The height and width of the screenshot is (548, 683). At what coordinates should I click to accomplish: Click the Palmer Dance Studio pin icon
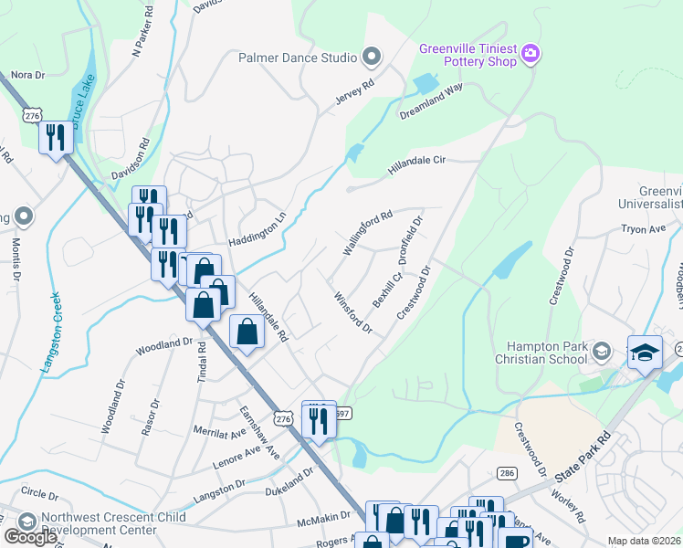point(371,58)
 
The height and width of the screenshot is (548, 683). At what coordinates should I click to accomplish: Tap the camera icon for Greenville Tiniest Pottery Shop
point(531,56)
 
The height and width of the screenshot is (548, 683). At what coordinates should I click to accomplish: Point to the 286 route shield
point(507,473)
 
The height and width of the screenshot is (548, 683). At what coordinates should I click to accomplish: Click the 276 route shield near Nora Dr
point(33,115)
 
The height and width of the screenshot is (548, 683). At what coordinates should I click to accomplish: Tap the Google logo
point(30,536)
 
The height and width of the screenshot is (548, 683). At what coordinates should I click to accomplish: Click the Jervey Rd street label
point(355,95)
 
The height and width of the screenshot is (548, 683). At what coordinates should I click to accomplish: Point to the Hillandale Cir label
point(415,165)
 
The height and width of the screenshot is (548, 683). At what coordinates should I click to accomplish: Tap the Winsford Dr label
point(352,311)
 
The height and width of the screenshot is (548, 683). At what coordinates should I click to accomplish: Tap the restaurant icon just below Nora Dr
point(56,139)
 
